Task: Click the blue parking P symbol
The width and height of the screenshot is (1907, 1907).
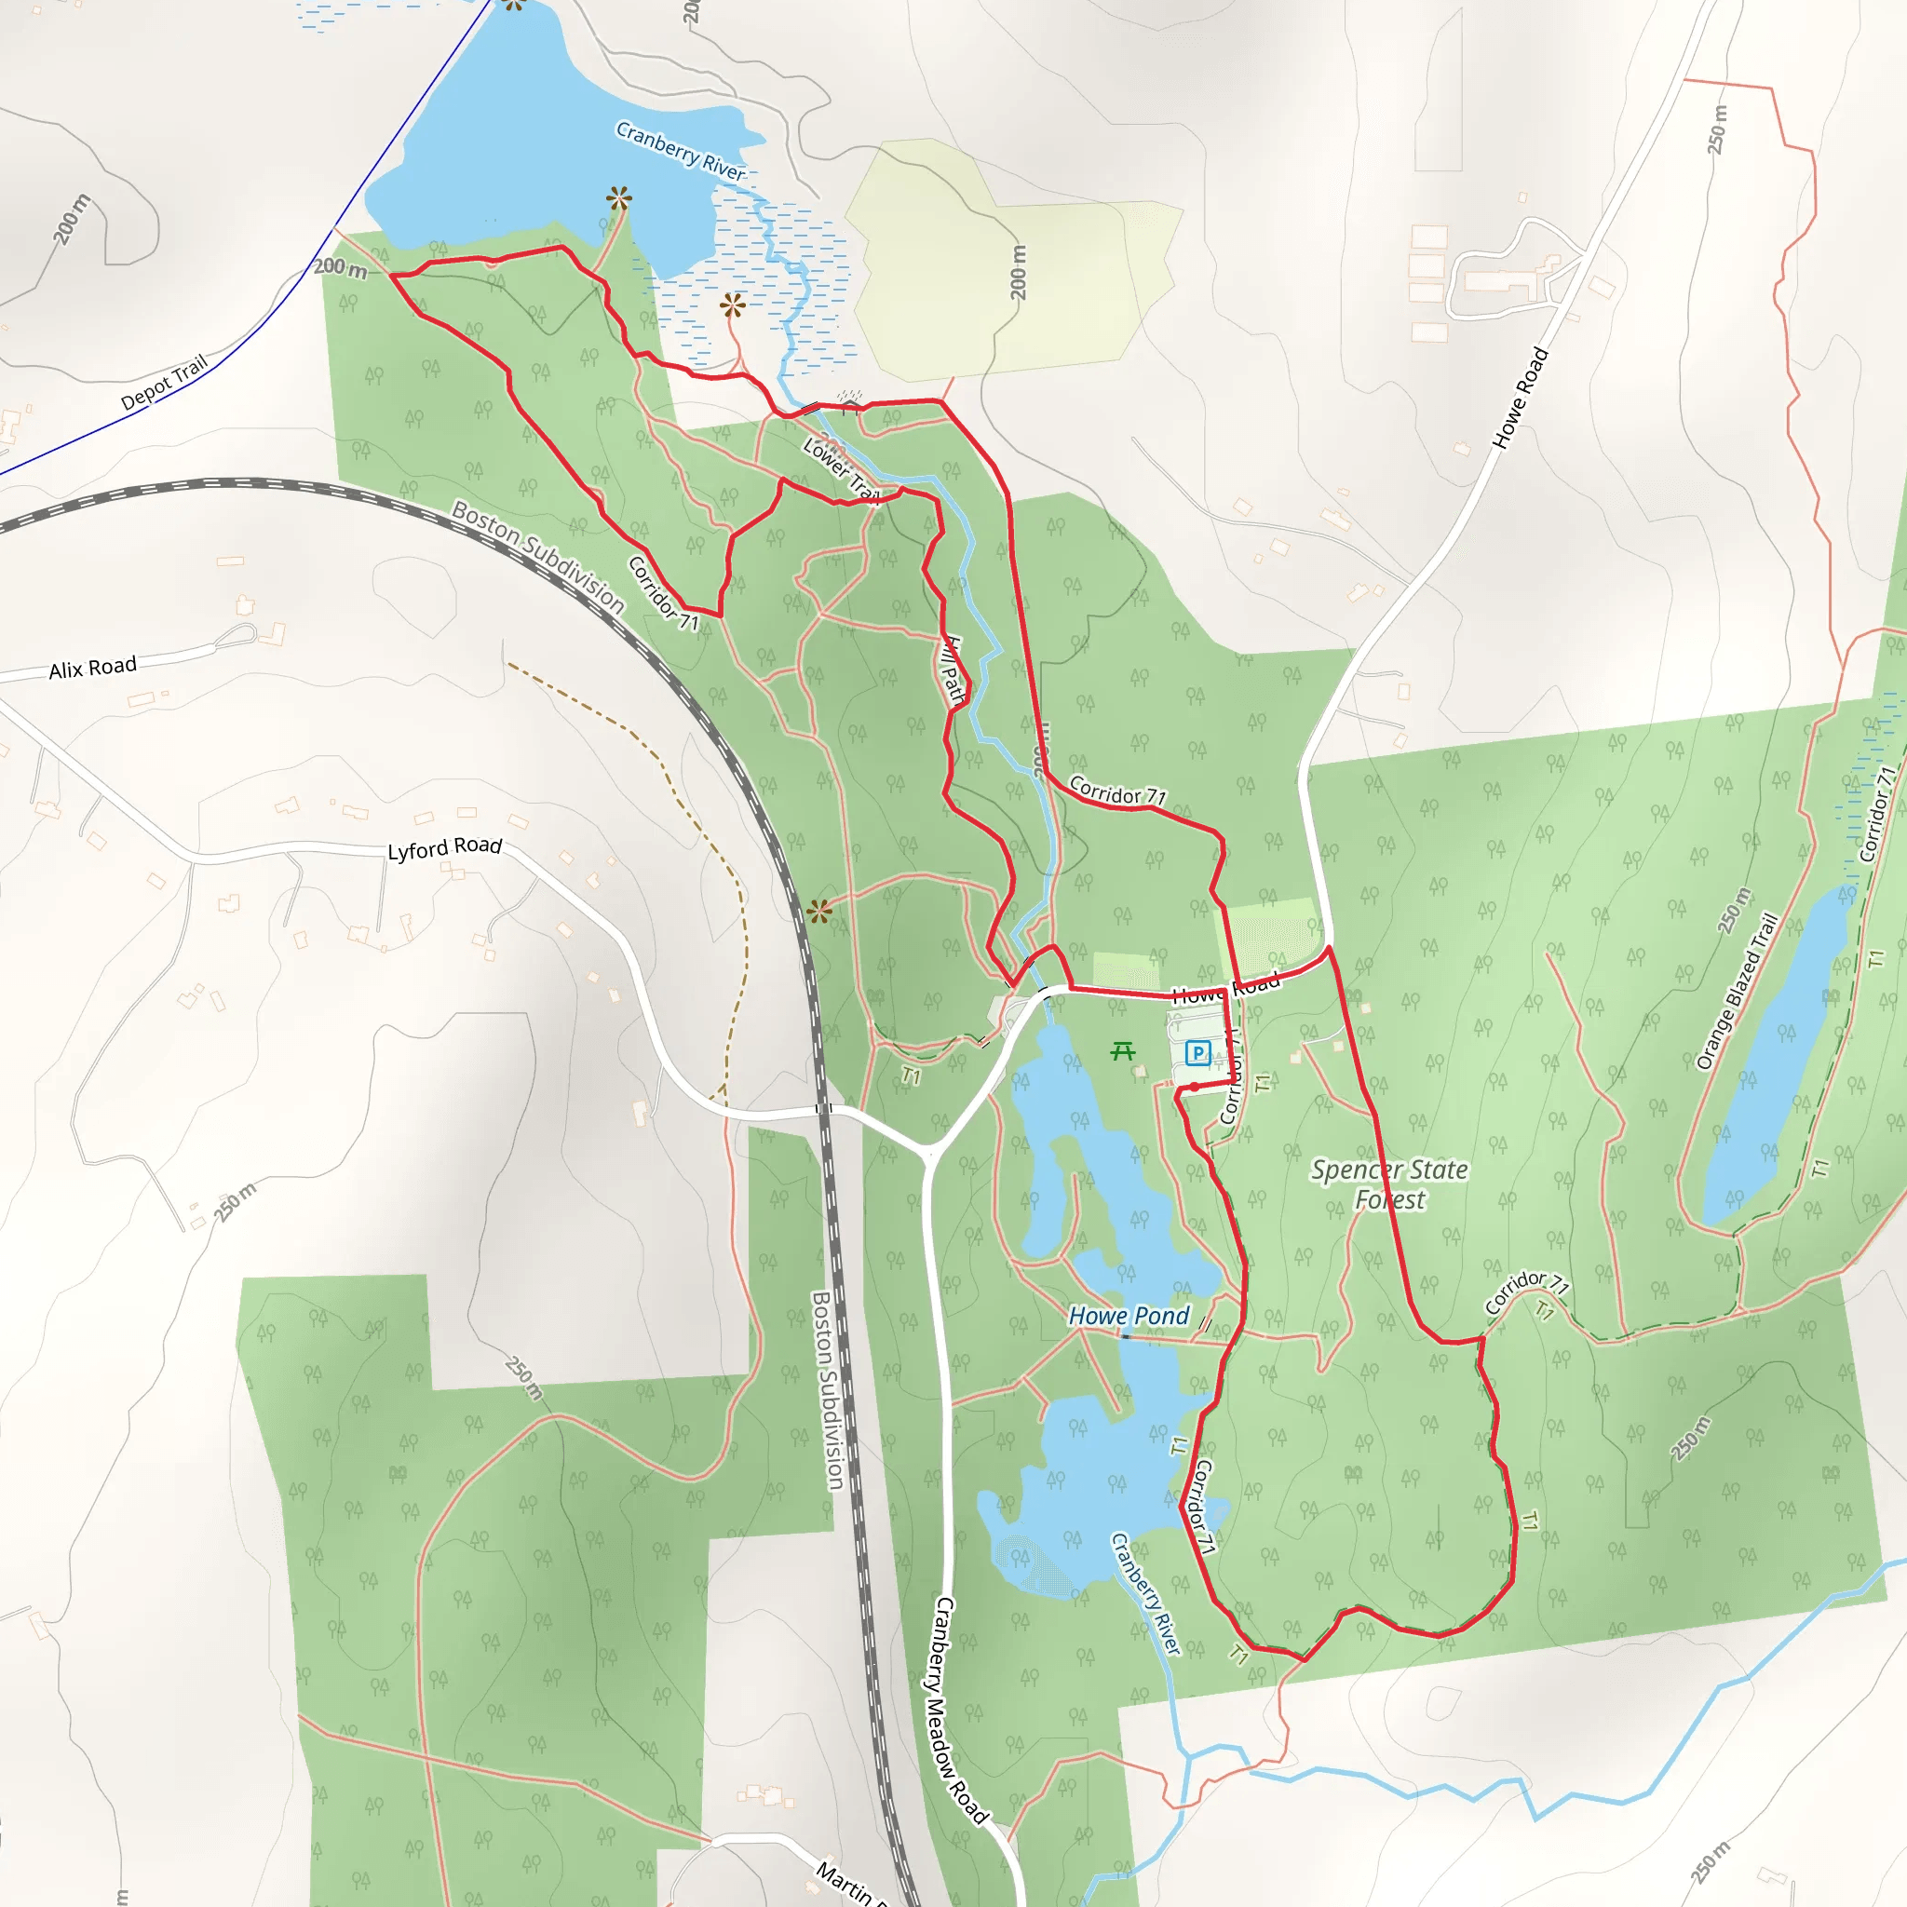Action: coord(1197,1053)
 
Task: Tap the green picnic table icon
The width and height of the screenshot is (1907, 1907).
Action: coord(1122,1051)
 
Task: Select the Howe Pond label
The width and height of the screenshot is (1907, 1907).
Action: coord(1129,1316)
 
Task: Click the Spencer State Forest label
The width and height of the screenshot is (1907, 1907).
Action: coord(1388,1184)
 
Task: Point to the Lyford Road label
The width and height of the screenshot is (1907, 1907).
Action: coord(444,848)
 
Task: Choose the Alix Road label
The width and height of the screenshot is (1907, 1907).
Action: coord(93,669)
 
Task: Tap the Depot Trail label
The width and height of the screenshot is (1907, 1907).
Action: coord(164,382)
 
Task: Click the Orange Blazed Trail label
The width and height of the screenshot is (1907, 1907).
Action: coord(1738,991)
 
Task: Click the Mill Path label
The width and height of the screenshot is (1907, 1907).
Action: coord(952,669)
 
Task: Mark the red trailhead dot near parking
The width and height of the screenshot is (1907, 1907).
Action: coord(1195,1087)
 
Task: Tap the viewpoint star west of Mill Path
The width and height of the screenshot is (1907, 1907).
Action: coord(819,911)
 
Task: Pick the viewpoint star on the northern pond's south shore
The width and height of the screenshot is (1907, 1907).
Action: coord(619,199)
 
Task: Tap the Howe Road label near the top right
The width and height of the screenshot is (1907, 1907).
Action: coord(1520,398)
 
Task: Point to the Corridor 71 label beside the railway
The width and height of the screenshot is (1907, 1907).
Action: coord(663,593)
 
